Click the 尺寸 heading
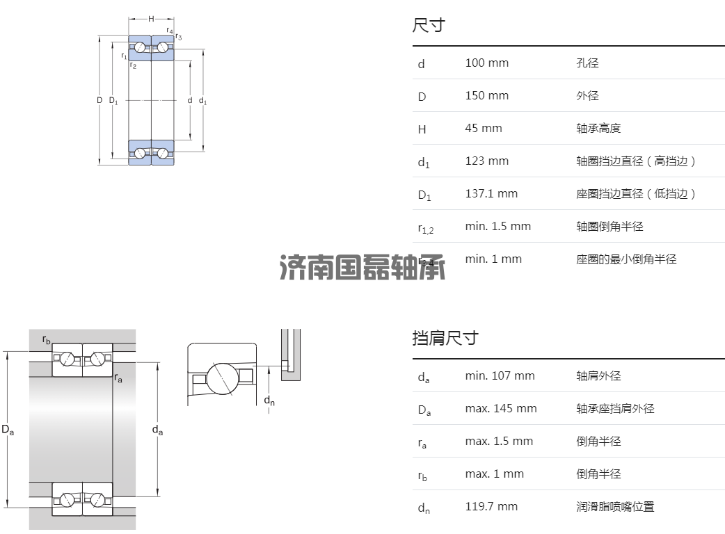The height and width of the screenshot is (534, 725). tap(428, 26)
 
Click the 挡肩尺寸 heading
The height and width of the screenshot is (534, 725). tap(445, 339)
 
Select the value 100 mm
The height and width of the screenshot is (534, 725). tap(486, 63)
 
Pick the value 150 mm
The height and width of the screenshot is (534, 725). tap(486, 96)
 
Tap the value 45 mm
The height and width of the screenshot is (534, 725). tap(483, 129)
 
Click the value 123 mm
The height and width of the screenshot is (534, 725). tap(486, 161)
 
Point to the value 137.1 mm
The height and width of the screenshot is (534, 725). tap(491, 194)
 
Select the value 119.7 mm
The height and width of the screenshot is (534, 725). tap(491, 507)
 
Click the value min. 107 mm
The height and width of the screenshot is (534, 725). tap(500, 376)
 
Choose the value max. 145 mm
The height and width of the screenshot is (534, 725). tap(501, 409)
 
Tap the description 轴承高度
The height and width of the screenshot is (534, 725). tap(598, 129)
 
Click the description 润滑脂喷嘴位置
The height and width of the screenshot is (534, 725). tap(615, 507)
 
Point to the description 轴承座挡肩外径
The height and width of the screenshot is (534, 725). tap(615, 409)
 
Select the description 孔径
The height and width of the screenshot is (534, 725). tap(587, 63)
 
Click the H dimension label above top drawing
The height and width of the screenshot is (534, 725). tap(151, 19)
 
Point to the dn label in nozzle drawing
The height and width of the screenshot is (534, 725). tap(269, 400)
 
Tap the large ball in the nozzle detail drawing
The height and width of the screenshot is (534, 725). tap(222, 378)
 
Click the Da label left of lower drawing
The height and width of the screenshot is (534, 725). tap(8, 430)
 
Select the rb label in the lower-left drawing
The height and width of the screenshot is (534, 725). tap(47, 340)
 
